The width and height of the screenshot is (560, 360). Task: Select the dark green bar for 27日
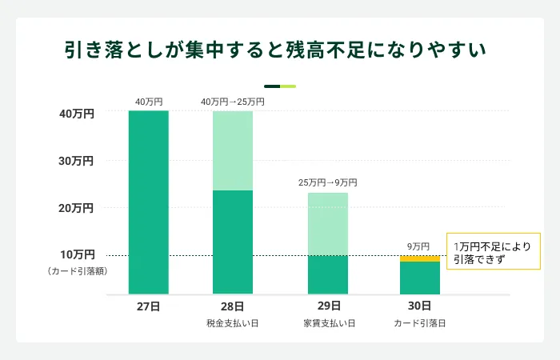pyautogui.click(x=149, y=202)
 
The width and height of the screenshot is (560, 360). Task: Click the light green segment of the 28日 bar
pyautogui.click(x=233, y=150)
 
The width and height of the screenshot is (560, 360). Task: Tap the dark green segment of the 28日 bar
pyautogui.click(x=233, y=242)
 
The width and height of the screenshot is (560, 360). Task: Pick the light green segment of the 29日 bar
pyautogui.click(x=328, y=224)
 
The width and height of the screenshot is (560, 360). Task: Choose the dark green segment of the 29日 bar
pyautogui.click(x=328, y=274)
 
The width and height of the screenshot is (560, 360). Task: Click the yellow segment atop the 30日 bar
pyautogui.click(x=420, y=258)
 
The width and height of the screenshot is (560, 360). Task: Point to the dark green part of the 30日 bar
pyautogui.click(x=420, y=278)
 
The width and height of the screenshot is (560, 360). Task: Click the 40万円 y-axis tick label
pyautogui.click(x=77, y=114)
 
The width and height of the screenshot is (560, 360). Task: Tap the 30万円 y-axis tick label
pyautogui.click(x=77, y=161)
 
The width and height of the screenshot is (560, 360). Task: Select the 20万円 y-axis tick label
pyautogui.click(x=77, y=208)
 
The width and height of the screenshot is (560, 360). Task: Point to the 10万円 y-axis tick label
pyautogui.click(x=77, y=254)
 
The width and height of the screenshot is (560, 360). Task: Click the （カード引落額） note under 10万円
pyautogui.click(x=77, y=271)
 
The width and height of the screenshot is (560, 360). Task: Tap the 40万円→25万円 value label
pyautogui.click(x=232, y=102)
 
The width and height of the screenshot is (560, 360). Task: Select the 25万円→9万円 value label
pyautogui.click(x=328, y=182)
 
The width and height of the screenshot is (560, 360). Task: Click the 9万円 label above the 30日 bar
pyautogui.click(x=418, y=246)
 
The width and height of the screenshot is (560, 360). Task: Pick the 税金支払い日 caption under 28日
pyautogui.click(x=232, y=323)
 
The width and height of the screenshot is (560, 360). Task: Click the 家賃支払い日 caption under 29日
pyautogui.click(x=329, y=323)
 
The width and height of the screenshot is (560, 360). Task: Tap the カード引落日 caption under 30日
pyautogui.click(x=419, y=323)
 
